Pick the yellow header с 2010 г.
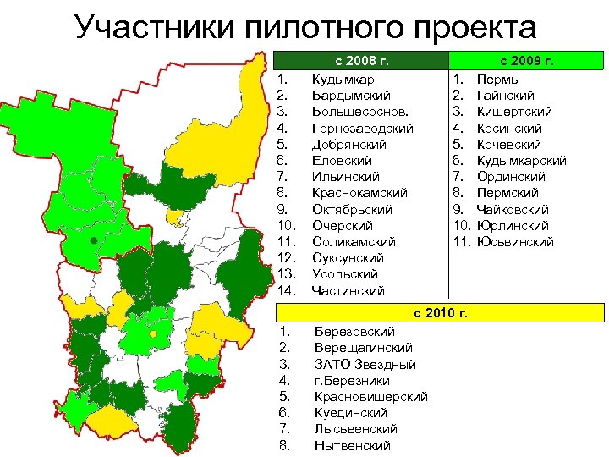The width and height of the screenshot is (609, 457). [x=440, y=313]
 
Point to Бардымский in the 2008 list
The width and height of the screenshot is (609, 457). [x=347, y=96]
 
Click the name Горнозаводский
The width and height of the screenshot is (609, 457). [x=362, y=129]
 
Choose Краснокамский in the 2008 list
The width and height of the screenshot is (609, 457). [x=359, y=194]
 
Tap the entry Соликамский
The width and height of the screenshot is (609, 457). [x=353, y=242]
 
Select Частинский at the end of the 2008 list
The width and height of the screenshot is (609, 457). [x=348, y=291]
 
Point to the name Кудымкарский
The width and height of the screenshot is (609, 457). [x=521, y=161]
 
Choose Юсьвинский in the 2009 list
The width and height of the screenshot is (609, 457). [x=515, y=242]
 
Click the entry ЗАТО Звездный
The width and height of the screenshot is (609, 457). [x=365, y=365]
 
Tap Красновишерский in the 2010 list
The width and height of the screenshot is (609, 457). [x=370, y=397]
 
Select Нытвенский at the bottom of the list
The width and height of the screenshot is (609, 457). [x=352, y=446]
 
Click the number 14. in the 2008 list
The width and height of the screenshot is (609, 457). [x=286, y=291]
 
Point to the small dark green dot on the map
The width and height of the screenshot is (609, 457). [x=92, y=241]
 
